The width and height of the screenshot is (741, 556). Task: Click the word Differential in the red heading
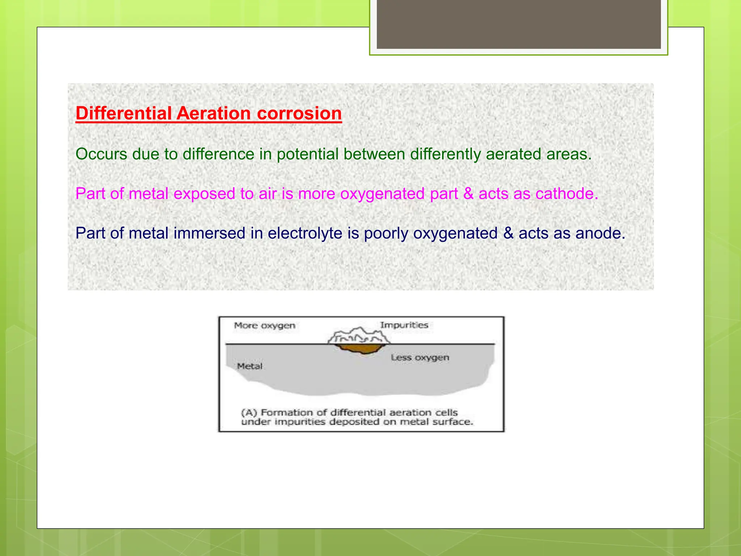123,113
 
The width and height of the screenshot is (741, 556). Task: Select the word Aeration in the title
213,113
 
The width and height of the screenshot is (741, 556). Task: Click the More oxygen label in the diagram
264,325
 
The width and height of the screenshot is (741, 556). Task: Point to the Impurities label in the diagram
404,325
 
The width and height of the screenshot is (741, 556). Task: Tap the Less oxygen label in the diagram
420,358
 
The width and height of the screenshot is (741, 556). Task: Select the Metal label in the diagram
249,366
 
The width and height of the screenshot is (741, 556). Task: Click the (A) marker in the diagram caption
249,413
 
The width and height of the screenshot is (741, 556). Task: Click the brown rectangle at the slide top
518,24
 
